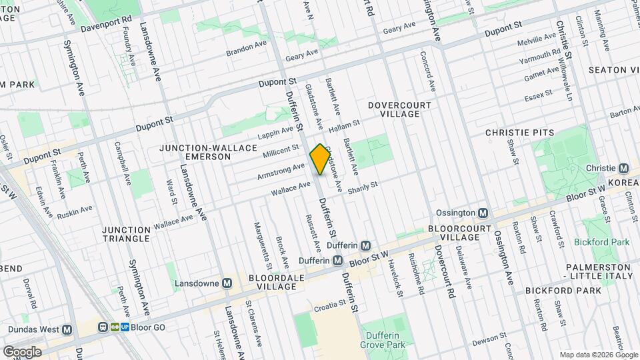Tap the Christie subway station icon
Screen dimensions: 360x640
624,169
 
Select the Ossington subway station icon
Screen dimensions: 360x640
485,213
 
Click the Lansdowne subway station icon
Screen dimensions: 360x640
227,283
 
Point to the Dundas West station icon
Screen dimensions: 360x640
67,329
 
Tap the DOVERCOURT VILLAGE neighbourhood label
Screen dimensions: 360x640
394,109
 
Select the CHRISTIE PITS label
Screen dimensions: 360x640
520,133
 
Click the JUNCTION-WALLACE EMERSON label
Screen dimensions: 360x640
195,151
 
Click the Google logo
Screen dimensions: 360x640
22,351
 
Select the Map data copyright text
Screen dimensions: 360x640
597,354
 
